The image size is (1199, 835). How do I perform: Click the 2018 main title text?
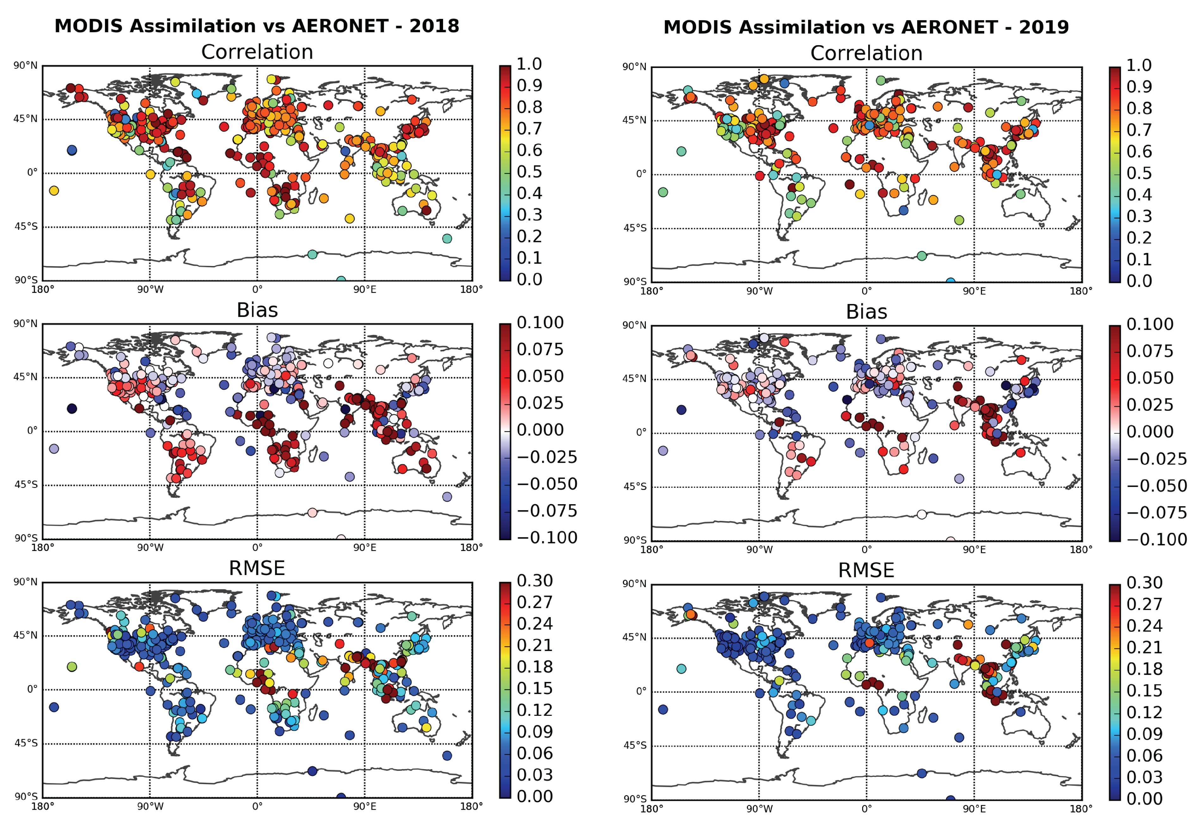point(256,26)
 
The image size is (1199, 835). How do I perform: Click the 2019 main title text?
point(866,27)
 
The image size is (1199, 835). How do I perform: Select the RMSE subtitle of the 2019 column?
point(866,570)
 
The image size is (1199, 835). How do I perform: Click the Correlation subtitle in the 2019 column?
point(866,53)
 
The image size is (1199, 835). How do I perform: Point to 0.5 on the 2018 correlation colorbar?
point(529,172)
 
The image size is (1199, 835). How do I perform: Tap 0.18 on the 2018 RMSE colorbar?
point(534,667)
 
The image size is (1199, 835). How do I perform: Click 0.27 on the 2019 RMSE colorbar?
point(1144,604)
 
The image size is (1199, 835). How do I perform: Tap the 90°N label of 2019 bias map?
point(634,325)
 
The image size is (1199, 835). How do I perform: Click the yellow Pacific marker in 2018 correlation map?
point(54,191)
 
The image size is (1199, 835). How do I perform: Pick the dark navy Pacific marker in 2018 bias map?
point(72,408)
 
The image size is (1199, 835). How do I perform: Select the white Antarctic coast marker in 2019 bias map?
point(922,514)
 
